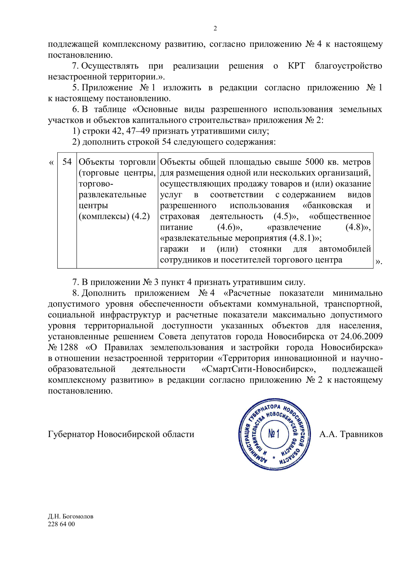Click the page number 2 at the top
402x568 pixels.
click(x=215, y=28)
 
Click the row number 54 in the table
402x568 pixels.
click(x=67, y=162)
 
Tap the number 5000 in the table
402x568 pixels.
click(x=314, y=162)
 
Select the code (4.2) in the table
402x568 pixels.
click(x=141, y=216)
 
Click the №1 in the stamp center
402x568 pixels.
click(x=274, y=434)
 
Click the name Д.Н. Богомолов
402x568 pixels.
click(x=70, y=516)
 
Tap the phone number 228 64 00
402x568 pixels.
click(x=61, y=524)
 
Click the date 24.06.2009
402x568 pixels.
click(x=361, y=336)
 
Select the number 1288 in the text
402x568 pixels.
click(x=69, y=347)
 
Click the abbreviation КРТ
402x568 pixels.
click(x=296, y=66)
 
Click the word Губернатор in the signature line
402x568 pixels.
click(x=71, y=434)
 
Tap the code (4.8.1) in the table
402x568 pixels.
click(x=304, y=238)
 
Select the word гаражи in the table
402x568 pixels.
click(x=174, y=249)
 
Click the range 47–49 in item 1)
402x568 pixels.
click(x=138, y=131)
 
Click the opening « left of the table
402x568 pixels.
click(x=51, y=163)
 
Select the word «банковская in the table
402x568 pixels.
click(x=327, y=205)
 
